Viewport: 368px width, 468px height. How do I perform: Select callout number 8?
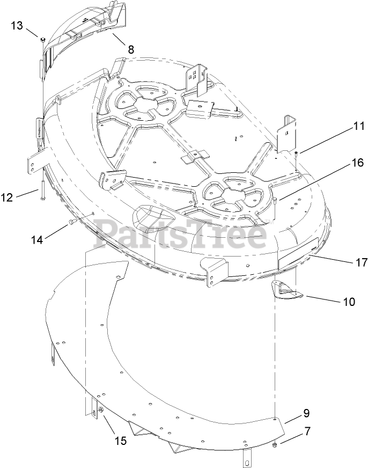pos(130,49)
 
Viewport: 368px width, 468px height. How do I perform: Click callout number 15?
pos(120,441)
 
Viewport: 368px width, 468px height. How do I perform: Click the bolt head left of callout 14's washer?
pos(71,222)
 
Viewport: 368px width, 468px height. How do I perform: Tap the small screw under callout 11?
pos(296,157)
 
